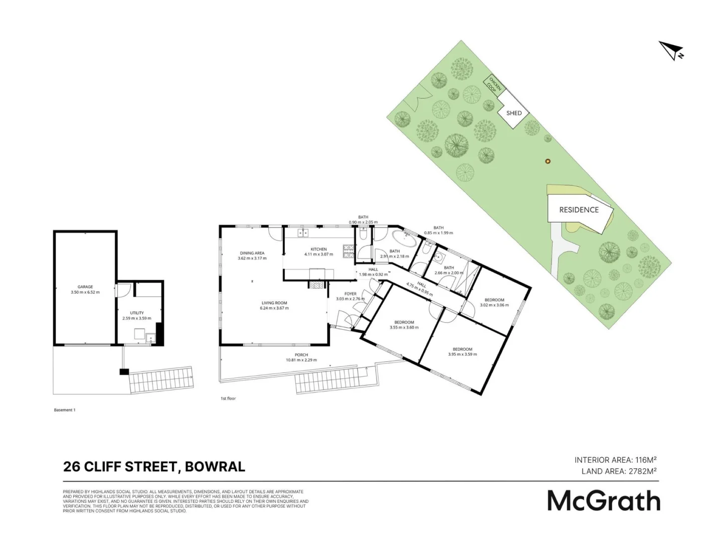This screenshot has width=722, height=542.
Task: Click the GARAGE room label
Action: [85, 287]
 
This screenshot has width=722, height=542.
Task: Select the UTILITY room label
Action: [137, 313]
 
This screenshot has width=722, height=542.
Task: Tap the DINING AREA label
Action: [252, 253]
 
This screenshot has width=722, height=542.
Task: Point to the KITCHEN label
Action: [318, 249]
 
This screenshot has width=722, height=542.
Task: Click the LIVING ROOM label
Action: [274, 303]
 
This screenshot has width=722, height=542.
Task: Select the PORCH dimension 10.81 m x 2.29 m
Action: [301, 360]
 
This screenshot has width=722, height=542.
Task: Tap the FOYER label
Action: [350, 294]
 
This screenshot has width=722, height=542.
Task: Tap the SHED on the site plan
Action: [514, 113]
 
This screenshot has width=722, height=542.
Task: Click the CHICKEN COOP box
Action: [494, 85]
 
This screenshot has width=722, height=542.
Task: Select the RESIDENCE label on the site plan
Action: [579, 210]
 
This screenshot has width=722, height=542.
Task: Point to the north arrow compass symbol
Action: [671, 51]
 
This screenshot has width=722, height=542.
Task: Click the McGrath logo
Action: [603, 500]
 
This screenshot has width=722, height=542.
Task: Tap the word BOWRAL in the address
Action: [215, 467]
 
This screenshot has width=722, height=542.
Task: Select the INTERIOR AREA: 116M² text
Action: [616, 460]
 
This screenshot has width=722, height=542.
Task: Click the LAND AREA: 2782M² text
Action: [619, 471]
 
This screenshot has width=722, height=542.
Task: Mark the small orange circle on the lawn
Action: [548, 161]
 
